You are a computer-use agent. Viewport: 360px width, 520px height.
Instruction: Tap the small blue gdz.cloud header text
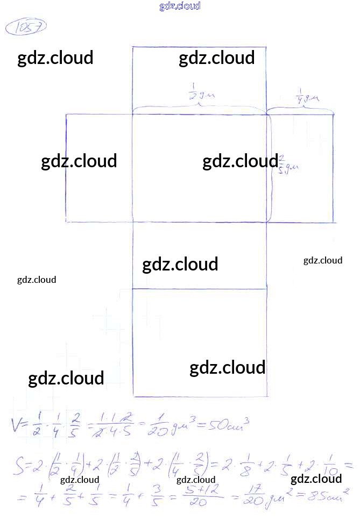click(180, 6)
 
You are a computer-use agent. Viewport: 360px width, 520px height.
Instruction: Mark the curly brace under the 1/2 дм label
click(200, 108)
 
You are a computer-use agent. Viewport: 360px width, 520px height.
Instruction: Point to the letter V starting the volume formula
click(18, 424)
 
